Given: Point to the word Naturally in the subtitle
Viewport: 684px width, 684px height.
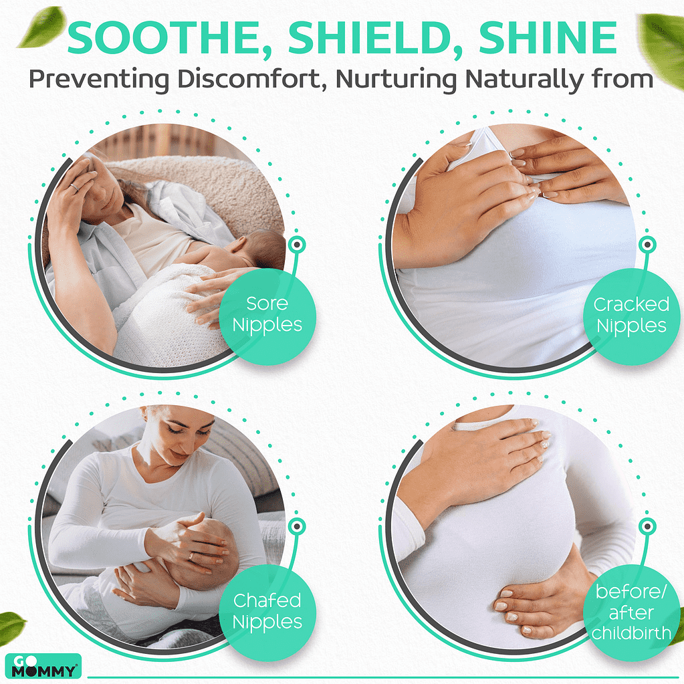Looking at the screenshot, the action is click(x=524, y=80).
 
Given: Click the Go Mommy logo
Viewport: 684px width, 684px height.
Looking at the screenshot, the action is click(x=43, y=666).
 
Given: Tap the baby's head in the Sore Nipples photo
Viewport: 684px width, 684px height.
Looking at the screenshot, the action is click(x=261, y=249).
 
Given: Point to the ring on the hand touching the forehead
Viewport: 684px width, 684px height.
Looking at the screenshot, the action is click(x=74, y=187).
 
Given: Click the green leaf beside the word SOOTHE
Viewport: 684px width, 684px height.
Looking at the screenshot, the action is click(x=41, y=27).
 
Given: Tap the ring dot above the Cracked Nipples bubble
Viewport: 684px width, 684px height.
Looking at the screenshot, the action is click(x=647, y=244).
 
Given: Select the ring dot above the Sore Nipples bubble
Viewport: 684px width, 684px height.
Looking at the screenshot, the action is click(x=297, y=244).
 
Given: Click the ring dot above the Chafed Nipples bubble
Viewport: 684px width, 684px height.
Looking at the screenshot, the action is click(x=297, y=526).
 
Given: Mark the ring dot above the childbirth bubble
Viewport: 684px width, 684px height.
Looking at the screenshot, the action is click(x=647, y=526).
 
